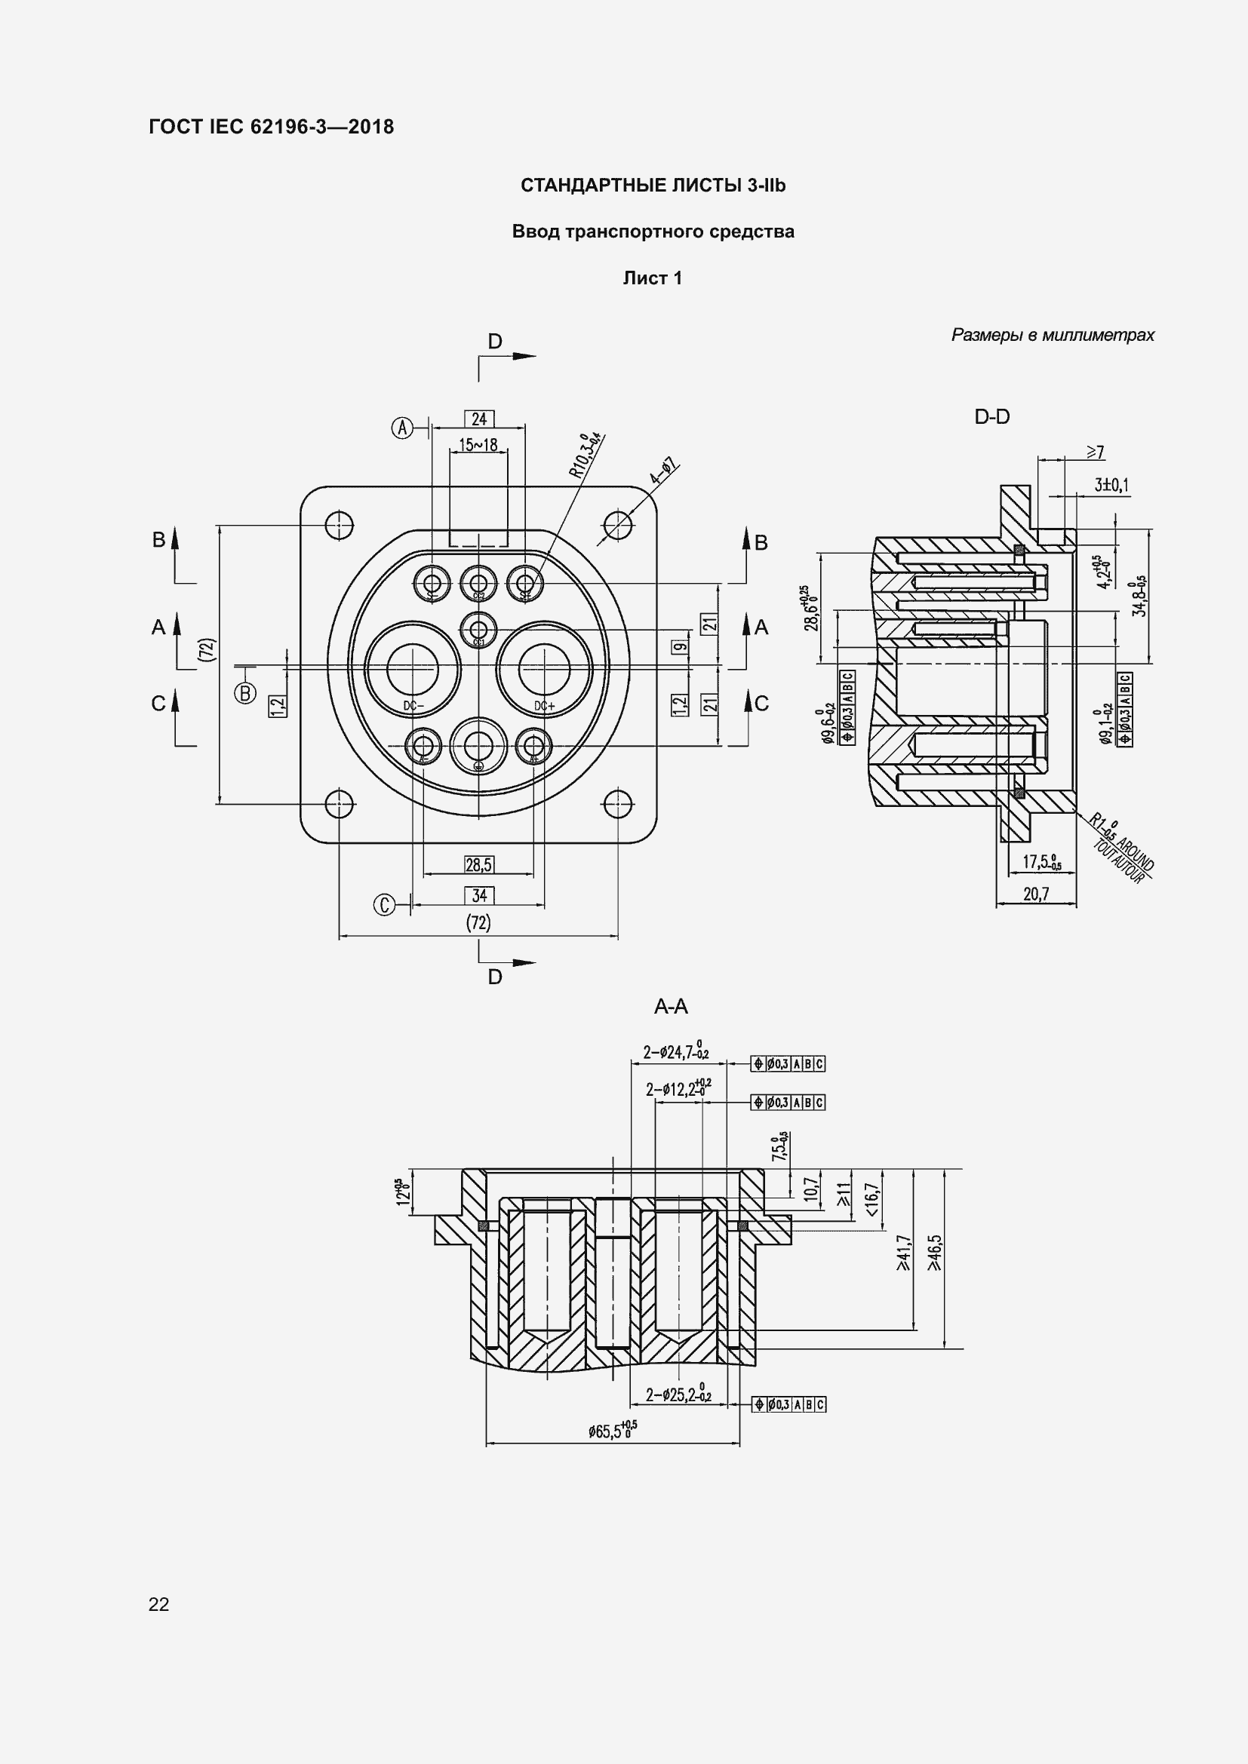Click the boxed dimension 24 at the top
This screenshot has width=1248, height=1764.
[x=479, y=419]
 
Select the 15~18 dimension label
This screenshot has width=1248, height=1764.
[x=478, y=445]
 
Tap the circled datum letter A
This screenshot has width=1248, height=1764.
[x=403, y=427]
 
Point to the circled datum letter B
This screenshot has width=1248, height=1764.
[x=245, y=693]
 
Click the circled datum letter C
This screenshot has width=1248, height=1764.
[x=384, y=906]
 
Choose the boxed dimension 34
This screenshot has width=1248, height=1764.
[x=479, y=895]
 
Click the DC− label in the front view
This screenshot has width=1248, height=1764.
[x=413, y=706]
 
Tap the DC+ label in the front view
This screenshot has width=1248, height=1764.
[x=545, y=706]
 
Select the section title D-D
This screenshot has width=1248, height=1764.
[x=992, y=417]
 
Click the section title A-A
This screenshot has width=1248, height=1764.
[x=670, y=1007]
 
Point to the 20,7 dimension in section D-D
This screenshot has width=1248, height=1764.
[x=1036, y=894]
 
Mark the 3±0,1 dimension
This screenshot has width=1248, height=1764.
[x=1111, y=486]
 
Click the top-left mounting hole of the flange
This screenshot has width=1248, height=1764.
[x=338, y=526]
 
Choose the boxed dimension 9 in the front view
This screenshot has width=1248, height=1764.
[x=678, y=646]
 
